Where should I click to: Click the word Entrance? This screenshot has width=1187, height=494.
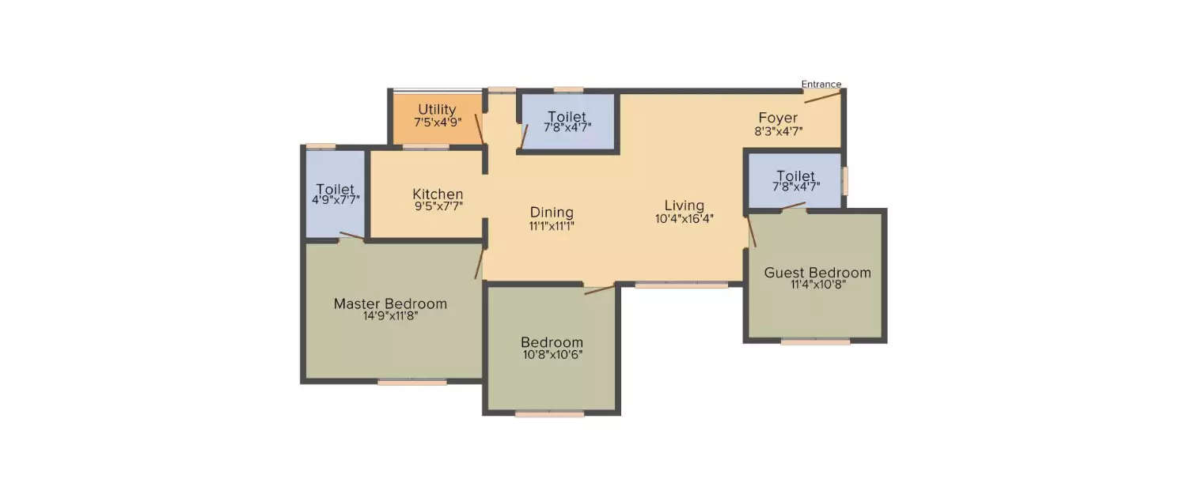click(x=821, y=85)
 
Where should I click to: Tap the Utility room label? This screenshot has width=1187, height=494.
click(x=437, y=109)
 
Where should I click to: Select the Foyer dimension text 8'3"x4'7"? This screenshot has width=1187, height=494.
click(x=778, y=131)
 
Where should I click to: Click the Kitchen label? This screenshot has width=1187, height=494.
click(x=438, y=194)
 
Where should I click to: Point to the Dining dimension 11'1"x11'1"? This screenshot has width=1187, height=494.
click(x=551, y=225)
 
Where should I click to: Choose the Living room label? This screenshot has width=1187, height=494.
click(x=684, y=206)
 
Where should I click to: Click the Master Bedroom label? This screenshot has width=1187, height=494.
click(x=389, y=304)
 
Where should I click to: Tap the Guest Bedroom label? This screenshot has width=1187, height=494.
click(x=817, y=273)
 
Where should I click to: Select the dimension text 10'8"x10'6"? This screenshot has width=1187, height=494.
click(x=552, y=354)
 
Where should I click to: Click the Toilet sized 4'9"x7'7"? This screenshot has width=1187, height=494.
click(x=335, y=189)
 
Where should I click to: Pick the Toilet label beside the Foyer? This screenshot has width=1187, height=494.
click(x=795, y=175)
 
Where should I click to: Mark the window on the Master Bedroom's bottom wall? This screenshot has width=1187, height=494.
click(x=411, y=382)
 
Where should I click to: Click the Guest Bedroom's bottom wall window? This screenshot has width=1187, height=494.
click(x=815, y=341)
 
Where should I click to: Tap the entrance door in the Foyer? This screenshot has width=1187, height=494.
click(x=823, y=96)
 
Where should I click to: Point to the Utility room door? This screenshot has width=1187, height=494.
click(x=479, y=129)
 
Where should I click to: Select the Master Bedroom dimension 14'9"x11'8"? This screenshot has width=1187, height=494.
click(x=389, y=315)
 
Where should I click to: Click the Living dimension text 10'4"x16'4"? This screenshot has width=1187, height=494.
click(x=684, y=219)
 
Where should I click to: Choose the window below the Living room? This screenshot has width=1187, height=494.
click(x=681, y=285)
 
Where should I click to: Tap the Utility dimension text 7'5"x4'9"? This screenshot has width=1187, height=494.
click(x=437, y=123)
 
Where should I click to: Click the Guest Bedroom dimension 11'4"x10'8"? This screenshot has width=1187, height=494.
click(x=817, y=285)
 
